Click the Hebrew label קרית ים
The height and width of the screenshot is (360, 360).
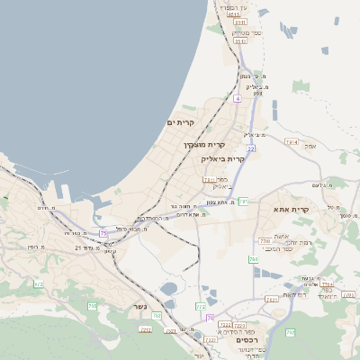coord(180,121)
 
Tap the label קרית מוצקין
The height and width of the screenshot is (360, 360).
coord(204,144)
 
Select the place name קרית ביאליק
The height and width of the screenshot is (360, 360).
coord(223,158)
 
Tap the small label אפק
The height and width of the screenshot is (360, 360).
coord(310,145)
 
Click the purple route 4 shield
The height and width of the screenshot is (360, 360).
coord(237,98)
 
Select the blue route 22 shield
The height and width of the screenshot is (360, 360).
coord(251,148)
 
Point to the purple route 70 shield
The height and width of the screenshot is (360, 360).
coord(211,317)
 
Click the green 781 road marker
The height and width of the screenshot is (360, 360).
coord(242,202)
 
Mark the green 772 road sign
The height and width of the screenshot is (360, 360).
coord(200,306)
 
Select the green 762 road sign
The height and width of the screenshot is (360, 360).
coord(156,316)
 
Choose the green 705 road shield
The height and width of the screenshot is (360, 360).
coord(92,306)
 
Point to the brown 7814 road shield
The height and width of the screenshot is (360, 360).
coord(291,141)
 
